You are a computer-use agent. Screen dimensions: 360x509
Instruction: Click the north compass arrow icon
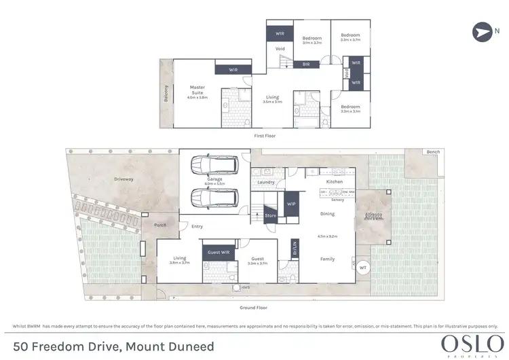pos(482,32)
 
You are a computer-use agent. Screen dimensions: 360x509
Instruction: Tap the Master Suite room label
pos(197,90)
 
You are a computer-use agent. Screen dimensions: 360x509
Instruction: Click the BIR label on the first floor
pos(306,65)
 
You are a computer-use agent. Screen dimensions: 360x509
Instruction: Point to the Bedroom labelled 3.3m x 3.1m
pos(350,108)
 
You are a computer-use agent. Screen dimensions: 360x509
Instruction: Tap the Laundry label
pos(266,182)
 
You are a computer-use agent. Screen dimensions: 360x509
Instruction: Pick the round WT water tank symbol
pos(363,267)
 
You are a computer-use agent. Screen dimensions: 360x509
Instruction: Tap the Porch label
pos(160,225)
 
